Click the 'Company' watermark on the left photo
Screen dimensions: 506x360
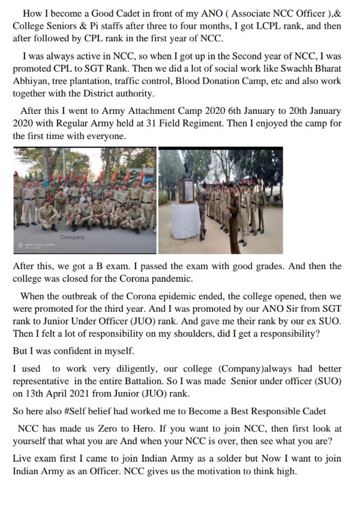(73, 238)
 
